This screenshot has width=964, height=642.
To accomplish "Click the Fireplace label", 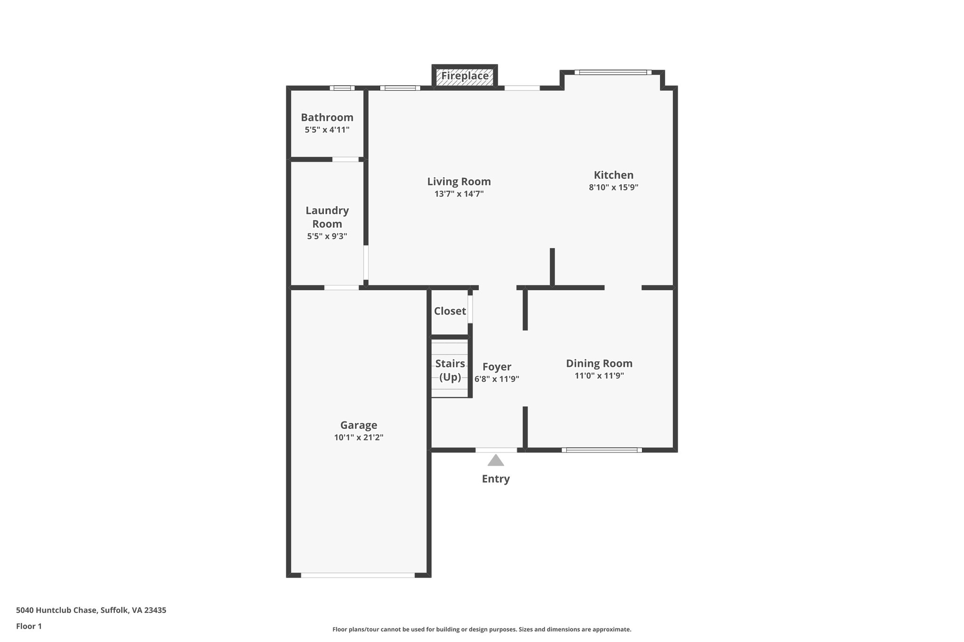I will pyautogui.click(x=465, y=76).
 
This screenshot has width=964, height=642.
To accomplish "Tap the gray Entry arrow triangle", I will pyautogui.click(x=496, y=460).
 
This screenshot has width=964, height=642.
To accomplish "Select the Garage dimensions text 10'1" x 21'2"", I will pyautogui.click(x=359, y=437).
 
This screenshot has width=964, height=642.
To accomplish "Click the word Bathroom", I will pyautogui.click(x=327, y=118).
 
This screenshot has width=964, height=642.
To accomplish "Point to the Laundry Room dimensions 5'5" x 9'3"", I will pyautogui.click(x=327, y=236).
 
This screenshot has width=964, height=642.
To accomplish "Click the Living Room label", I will pyautogui.click(x=459, y=182).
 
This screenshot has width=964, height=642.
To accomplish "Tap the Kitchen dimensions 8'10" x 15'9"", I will pyautogui.click(x=613, y=187).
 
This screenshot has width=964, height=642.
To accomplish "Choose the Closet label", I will pyautogui.click(x=450, y=311).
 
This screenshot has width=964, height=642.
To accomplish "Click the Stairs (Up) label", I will pyautogui.click(x=450, y=370).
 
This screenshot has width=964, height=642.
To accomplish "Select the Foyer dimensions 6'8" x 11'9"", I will pyautogui.click(x=497, y=379).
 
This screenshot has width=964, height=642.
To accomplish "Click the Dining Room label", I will pyautogui.click(x=599, y=363).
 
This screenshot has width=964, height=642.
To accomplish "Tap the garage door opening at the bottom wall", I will pyautogui.click(x=358, y=575).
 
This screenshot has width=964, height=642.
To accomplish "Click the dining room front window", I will pyautogui.click(x=602, y=450).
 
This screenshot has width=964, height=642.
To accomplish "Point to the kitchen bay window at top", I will pyautogui.click(x=613, y=72).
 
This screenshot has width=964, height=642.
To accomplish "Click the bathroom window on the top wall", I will pyautogui.click(x=342, y=88).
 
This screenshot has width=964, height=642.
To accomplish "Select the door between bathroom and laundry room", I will pyautogui.click(x=345, y=159).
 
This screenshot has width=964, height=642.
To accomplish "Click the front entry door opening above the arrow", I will pyautogui.click(x=496, y=450).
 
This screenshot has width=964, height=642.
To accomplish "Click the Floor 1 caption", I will pyautogui.click(x=29, y=626).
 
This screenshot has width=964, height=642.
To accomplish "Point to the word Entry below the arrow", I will pyautogui.click(x=496, y=479).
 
